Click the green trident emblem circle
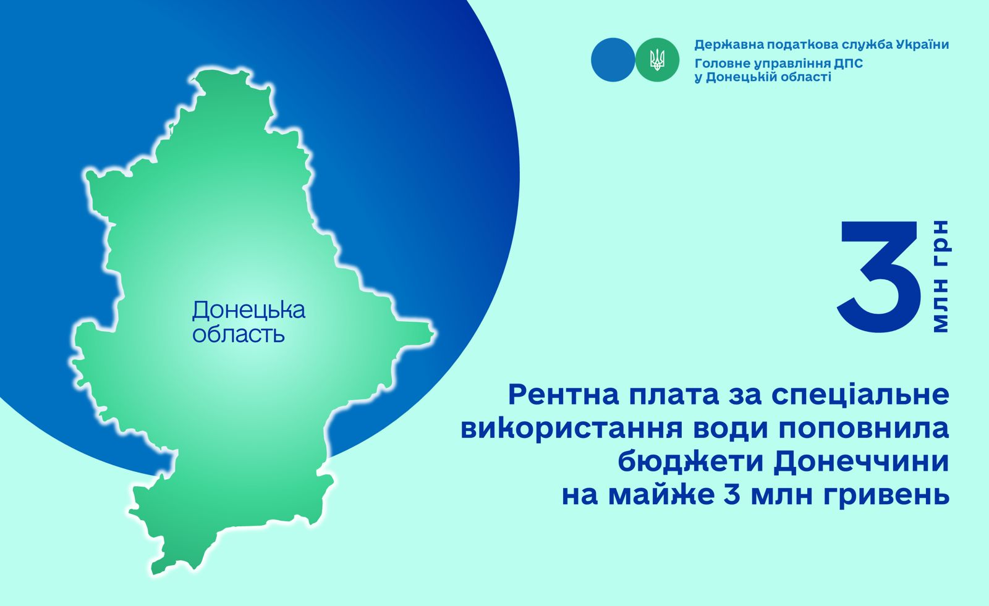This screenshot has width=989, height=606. coord(657,59)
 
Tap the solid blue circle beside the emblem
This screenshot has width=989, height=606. coord(613,59)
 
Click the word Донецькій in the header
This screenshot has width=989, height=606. coord(736,77)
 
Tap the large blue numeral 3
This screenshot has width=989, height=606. coord(879,276)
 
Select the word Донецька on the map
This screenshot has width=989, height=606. coord(248,310)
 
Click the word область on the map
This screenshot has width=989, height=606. coord(239,335)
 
